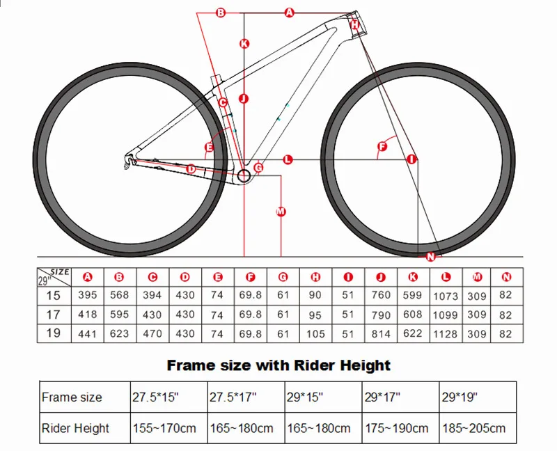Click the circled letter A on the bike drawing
point(290,12)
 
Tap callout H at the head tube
point(354,24)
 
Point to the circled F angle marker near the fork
point(381,146)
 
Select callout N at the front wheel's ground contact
point(430,257)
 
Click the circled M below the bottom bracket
point(281,211)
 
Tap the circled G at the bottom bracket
point(258,168)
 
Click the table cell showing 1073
point(446,295)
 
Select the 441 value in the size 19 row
point(87,333)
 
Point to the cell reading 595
point(119,315)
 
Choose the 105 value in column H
point(315,333)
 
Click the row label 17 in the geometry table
point(53,315)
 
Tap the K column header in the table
point(413,277)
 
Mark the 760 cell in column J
point(381,295)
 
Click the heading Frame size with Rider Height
point(278,365)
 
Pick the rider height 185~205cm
point(473,428)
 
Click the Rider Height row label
point(75,428)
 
